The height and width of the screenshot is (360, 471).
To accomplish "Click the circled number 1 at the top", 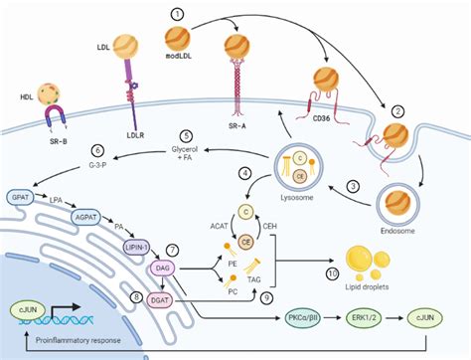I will pyautogui.click(x=178, y=14).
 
